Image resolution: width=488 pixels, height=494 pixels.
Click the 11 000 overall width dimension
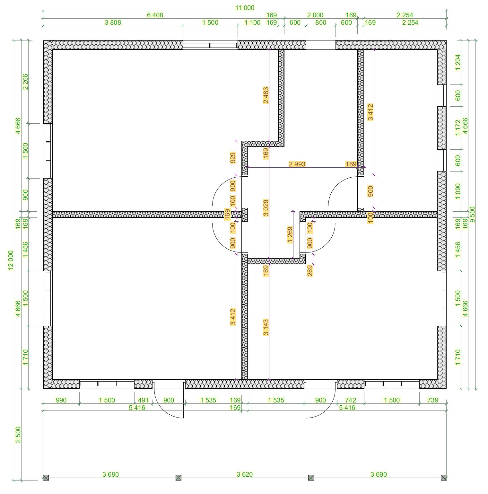(x=245, y=8)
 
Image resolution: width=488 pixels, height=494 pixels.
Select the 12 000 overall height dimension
(x=11, y=260)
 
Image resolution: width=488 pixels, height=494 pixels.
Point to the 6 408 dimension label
(x=155, y=15)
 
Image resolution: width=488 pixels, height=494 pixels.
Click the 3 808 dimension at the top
(x=113, y=22)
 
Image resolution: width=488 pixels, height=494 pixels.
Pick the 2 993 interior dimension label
(x=297, y=164)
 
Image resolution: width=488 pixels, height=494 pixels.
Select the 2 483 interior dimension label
(x=266, y=95)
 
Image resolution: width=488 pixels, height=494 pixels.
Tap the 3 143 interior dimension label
(x=266, y=327)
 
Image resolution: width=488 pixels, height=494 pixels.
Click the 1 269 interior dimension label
(x=290, y=235)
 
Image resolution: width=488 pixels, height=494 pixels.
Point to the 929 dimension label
(x=233, y=158)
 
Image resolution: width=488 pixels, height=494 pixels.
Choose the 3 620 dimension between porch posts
(x=245, y=474)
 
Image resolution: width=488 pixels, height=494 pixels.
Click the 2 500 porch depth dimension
(x=18, y=435)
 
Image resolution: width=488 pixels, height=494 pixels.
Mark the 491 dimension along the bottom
(x=143, y=400)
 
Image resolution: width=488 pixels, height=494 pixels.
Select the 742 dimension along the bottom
(x=351, y=400)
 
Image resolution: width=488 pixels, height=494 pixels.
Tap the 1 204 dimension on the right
(x=458, y=62)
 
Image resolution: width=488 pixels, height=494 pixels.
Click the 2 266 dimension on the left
(x=25, y=82)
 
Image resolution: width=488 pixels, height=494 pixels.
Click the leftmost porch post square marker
(x=46, y=478)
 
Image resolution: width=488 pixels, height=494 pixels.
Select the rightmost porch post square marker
(x=444, y=478)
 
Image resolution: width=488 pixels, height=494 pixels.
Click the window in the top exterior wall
(x=210, y=45)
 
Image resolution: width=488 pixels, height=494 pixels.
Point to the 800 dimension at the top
(x=320, y=22)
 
